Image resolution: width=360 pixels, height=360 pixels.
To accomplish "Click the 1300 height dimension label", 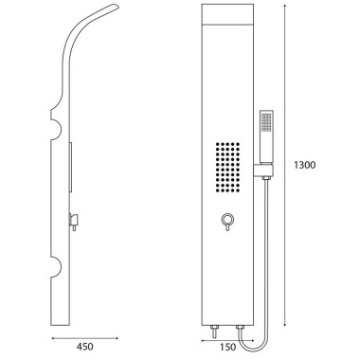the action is tap(304, 165).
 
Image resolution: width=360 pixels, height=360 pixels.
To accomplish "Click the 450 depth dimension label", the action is tap(84, 337).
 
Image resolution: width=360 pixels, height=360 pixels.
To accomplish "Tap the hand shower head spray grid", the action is tap(266, 121).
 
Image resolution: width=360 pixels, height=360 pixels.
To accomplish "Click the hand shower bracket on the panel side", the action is tap(262, 171).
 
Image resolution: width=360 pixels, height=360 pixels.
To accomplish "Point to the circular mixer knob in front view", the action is tap(227, 219).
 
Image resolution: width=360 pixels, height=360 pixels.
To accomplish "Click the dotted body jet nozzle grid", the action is tap(227, 167).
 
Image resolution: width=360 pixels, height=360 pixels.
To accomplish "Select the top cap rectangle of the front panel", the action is tap(227, 14).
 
